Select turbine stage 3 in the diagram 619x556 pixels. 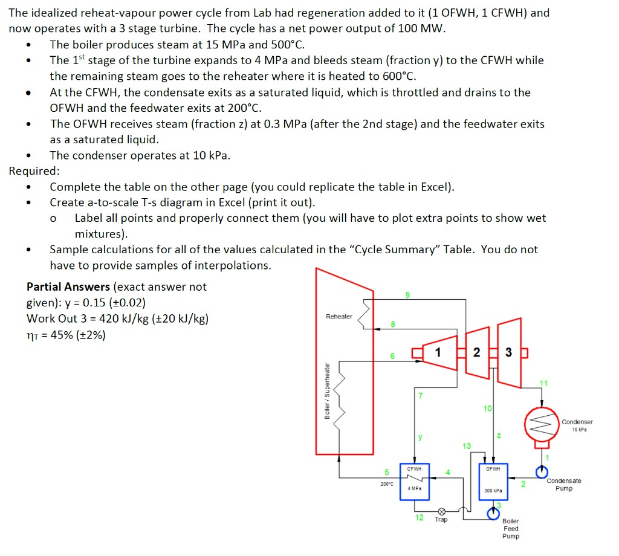(x=508, y=352)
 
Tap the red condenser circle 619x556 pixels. (x=542, y=425)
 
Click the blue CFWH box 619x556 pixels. (x=414, y=482)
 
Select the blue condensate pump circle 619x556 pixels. (x=542, y=470)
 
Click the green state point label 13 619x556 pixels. (x=465, y=446)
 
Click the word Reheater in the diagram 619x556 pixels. (x=339, y=317)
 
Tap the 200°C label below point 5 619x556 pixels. (x=386, y=483)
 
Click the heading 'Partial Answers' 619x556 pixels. (x=68, y=286)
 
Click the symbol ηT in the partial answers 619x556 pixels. (x=33, y=334)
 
